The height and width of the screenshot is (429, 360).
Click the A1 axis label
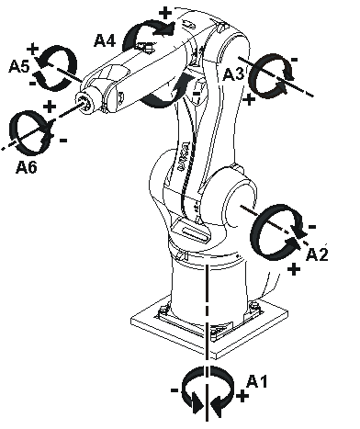click(256, 381)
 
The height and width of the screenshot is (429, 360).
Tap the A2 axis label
click(317, 254)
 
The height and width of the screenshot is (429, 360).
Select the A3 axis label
click(233, 74)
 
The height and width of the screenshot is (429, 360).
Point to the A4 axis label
click(105, 40)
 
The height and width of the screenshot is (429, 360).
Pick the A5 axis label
click(19, 66)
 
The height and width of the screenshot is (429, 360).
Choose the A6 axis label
click(27, 167)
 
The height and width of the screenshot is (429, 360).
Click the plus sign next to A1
click(242, 397)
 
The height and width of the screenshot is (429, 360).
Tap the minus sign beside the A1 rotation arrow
click(174, 390)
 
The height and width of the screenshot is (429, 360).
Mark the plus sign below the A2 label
click(294, 269)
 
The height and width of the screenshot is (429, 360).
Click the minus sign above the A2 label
click(312, 227)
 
